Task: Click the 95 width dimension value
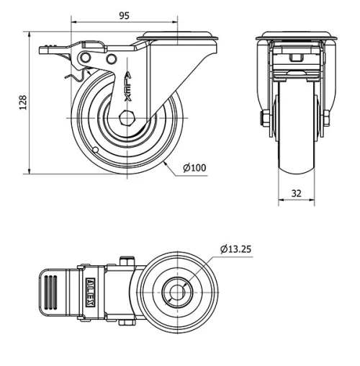point(125,16)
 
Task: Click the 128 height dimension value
point(23,103)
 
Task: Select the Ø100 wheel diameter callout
point(194,168)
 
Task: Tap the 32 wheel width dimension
point(296,193)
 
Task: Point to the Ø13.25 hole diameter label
point(235,249)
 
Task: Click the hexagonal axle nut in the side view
point(127,118)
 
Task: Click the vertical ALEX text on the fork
point(128,86)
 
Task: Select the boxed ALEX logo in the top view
point(91,293)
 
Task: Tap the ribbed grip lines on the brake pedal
point(50,292)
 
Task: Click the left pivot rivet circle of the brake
point(86,58)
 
